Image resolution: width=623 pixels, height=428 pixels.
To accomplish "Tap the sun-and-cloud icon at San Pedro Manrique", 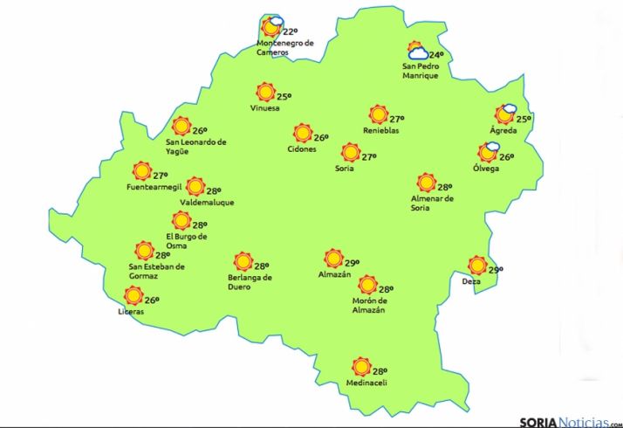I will click(x=417, y=52).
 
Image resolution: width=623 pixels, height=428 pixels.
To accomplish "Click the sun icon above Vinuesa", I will click(x=264, y=92).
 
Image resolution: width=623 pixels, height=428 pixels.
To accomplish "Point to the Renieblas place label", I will click(x=380, y=131).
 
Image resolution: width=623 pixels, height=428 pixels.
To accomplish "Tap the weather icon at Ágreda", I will click(x=505, y=114).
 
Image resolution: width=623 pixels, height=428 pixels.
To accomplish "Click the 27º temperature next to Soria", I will click(x=368, y=157).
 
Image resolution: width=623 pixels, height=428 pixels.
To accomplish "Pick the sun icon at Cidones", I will click(x=302, y=134).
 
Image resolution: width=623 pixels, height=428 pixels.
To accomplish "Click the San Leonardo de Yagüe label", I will click(x=196, y=145).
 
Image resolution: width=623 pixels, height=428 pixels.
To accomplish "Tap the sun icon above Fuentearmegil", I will click(x=141, y=170).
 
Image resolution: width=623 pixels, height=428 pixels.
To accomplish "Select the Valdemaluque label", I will click(x=207, y=203).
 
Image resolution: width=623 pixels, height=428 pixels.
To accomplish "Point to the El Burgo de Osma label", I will click(x=186, y=240).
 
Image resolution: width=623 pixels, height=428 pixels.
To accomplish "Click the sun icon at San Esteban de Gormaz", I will click(x=144, y=251).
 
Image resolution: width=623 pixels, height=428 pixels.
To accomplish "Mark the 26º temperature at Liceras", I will click(x=152, y=300).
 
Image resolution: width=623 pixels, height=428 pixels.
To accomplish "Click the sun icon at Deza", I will click(x=476, y=265).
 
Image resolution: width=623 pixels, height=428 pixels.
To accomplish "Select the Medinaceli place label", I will click(x=366, y=383).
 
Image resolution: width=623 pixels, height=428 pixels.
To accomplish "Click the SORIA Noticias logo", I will click(x=566, y=420).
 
